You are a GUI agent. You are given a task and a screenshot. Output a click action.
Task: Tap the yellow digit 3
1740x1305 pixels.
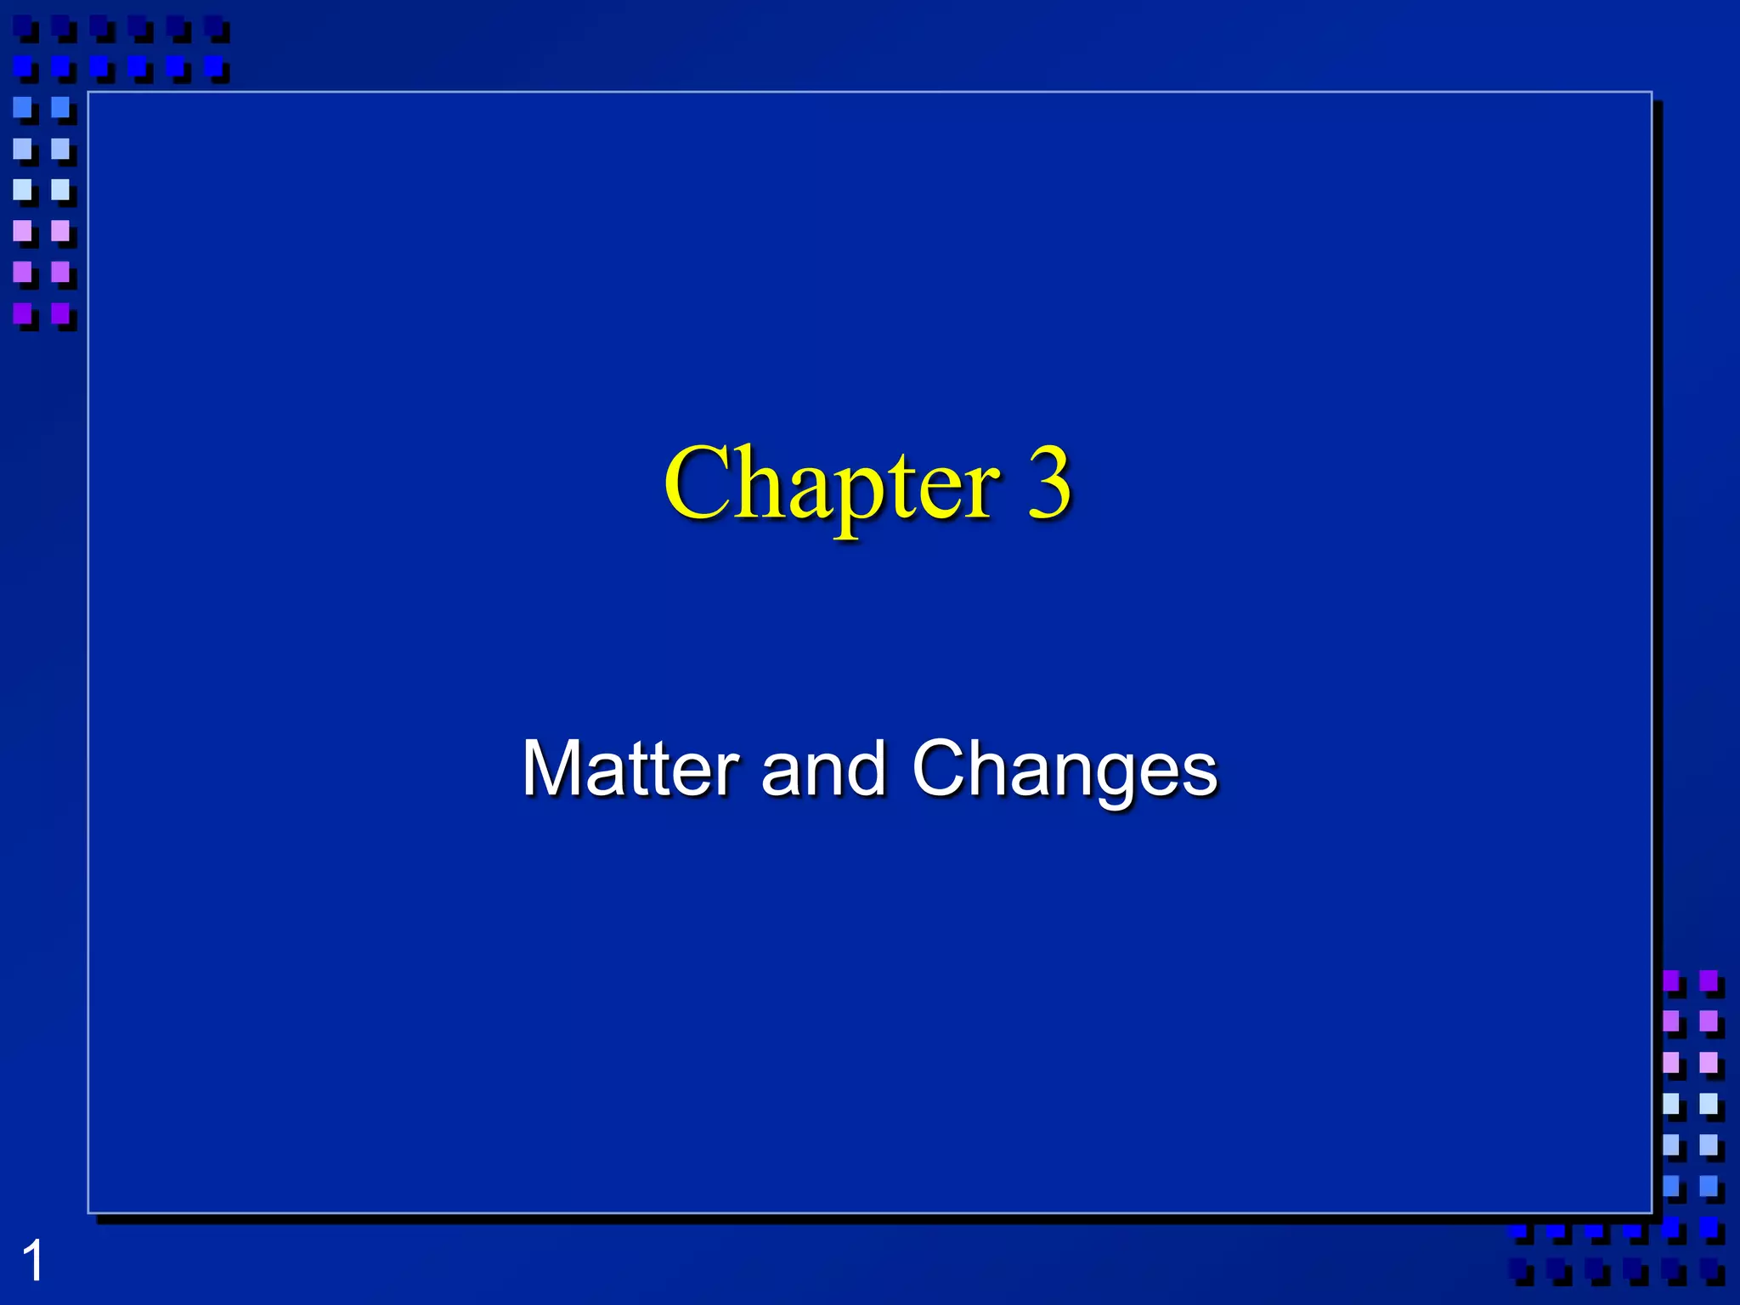pyautogui.click(x=1048, y=483)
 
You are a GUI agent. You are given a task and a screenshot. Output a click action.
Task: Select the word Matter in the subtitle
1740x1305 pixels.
pyautogui.click(x=630, y=768)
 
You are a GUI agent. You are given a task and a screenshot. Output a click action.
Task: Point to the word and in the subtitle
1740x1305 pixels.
pyautogui.click(x=823, y=768)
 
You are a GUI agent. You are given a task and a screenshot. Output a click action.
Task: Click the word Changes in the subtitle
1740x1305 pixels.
pyautogui.click(x=1065, y=770)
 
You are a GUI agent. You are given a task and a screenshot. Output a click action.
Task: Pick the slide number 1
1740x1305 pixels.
pyautogui.click(x=32, y=1262)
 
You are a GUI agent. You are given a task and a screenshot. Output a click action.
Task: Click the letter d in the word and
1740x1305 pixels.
pyautogui.click(x=867, y=768)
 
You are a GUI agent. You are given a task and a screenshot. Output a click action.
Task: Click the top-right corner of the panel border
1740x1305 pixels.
pyautogui.click(x=1652, y=93)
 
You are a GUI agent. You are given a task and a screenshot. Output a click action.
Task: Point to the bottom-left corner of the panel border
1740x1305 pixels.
pyautogui.click(x=89, y=1212)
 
